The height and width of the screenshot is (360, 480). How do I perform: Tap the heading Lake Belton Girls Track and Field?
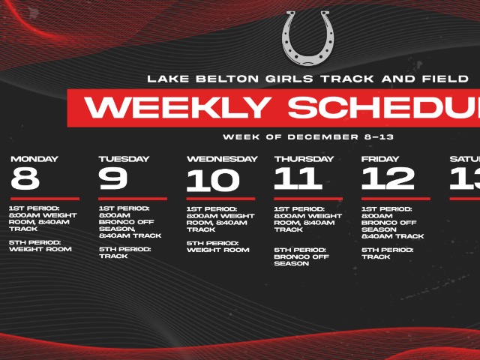[307, 78]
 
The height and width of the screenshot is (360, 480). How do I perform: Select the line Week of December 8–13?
[307, 137]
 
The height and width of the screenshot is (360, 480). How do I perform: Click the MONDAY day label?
[34, 159]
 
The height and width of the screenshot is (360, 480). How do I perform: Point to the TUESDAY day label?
[124, 159]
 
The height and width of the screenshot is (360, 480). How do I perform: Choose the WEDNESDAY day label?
[222, 159]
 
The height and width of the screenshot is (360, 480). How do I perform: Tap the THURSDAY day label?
[304, 159]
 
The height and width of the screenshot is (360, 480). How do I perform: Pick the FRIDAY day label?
[380, 159]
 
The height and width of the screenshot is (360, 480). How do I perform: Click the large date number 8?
[25, 179]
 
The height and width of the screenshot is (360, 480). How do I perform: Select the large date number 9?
[113, 179]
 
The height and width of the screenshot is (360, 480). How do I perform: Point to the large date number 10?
[213, 181]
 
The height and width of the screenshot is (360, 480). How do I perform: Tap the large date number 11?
[298, 179]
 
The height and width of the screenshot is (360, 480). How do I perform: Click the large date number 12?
[388, 179]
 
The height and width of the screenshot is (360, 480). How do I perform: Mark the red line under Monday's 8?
[44, 199]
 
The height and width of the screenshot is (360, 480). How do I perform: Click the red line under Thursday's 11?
[308, 199]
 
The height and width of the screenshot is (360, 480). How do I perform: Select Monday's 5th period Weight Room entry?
[40, 245]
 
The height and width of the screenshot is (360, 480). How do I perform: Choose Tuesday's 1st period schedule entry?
[130, 222]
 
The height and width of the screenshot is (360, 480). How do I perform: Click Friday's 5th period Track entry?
[387, 253]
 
